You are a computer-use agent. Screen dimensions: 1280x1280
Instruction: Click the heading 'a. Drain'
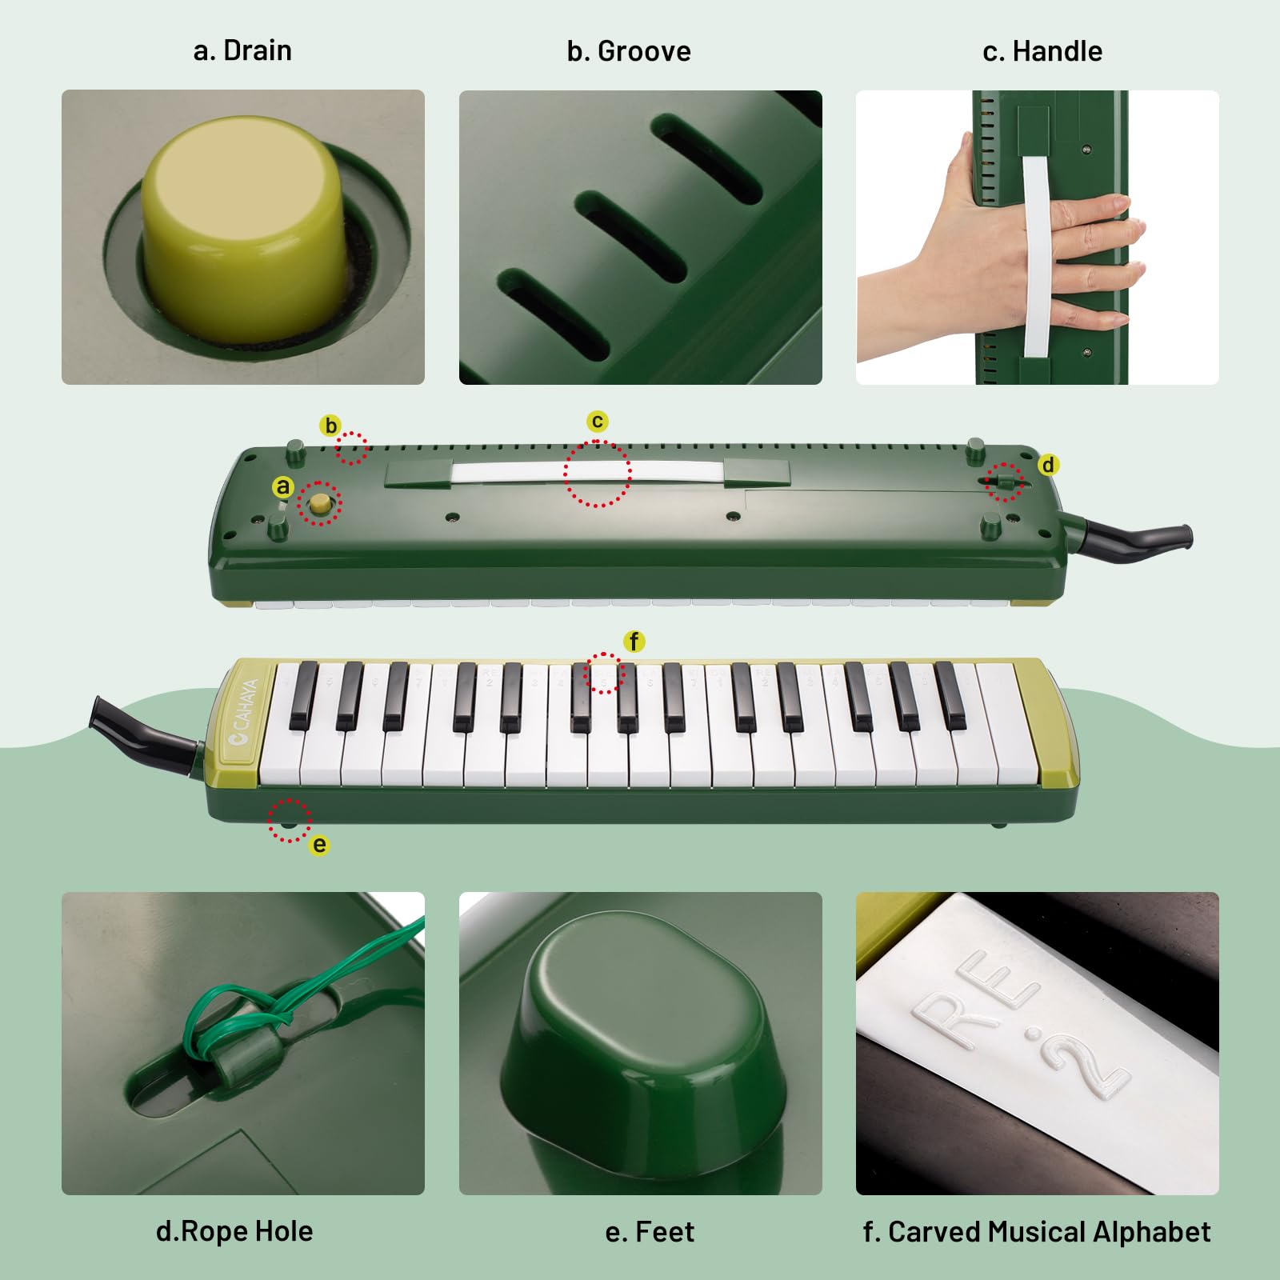[242, 50]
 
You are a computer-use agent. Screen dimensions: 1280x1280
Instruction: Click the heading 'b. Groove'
[629, 51]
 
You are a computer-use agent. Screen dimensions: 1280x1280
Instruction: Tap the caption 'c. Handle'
[1042, 51]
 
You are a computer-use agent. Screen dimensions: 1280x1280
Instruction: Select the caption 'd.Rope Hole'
[234, 1231]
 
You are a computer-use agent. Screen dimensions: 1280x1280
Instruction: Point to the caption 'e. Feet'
[650, 1232]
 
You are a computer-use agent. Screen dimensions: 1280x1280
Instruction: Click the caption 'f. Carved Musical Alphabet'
[1037, 1232]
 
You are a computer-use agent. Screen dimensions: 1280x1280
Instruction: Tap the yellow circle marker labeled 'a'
[283, 486]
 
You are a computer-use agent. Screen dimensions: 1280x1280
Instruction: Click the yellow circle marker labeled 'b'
[330, 426]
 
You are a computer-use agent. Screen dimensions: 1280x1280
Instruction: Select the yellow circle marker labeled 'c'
[597, 421]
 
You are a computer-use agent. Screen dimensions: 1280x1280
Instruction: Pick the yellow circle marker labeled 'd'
[1048, 465]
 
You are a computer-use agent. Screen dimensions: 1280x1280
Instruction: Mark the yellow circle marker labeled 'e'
[319, 845]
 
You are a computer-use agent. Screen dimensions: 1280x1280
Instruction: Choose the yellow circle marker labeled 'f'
[634, 641]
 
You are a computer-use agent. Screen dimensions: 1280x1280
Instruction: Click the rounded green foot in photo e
[640, 1040]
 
